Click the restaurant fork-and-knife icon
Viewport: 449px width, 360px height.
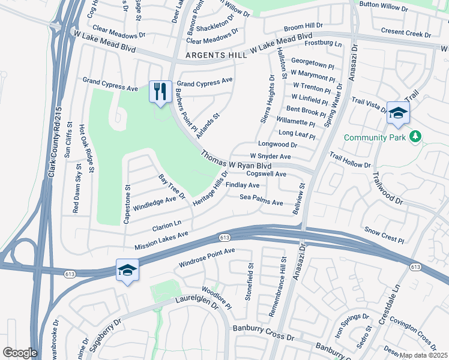[160, 92]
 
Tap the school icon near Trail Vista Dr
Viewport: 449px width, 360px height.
[398, 113]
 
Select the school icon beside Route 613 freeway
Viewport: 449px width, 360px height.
[127, 271]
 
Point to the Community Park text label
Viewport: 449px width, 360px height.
[374, 137]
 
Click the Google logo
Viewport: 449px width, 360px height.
[20, 353]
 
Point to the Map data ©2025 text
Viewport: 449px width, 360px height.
[423, 355]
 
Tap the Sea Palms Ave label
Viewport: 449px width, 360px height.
[261, 200]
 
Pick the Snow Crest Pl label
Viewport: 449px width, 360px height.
[384, 234]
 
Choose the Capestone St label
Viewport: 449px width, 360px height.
[127, 204]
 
